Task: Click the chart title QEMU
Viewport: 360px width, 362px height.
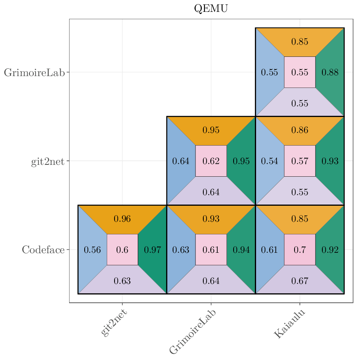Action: point(211,9)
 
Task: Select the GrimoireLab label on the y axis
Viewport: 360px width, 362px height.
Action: point(34,73)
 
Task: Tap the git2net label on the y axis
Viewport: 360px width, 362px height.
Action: point(48,162)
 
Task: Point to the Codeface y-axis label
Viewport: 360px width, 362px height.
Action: point(43,250)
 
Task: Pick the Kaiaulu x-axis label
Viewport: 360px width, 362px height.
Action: point(290,324)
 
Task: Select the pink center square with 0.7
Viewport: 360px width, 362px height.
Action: point(300,250)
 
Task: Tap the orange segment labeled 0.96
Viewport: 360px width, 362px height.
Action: point(122,219)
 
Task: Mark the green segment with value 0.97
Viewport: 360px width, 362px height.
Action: point(153,250)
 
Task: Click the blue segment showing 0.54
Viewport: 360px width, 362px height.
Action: point(270,161)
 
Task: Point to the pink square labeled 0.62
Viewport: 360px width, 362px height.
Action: point(211,161)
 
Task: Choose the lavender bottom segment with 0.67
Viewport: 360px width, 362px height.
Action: point(300,281)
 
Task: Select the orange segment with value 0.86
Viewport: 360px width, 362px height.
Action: point(300,130)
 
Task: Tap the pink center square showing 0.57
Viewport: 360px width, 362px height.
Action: point(300,161)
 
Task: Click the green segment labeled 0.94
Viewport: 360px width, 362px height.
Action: point(241,250)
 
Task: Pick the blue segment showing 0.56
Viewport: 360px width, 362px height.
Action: point(92,250)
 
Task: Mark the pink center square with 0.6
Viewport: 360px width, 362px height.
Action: point(122,250)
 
